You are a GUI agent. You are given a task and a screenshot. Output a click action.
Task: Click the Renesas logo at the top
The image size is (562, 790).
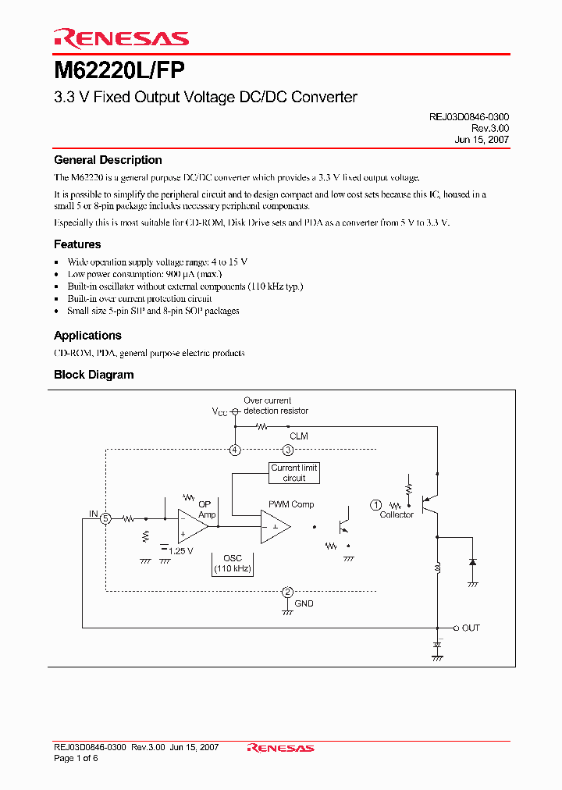tap(120, 37)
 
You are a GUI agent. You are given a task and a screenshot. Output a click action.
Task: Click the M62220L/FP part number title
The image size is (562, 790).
tap(119, 70)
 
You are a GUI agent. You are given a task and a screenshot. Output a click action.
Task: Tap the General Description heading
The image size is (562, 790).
tap(108, 160)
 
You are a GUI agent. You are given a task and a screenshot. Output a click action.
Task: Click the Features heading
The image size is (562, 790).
tap(77, 244)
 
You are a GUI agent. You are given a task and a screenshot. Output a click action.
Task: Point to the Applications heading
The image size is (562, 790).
tap(87, 336)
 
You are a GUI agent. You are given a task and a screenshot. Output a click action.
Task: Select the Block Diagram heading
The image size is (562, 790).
tap(94, 375)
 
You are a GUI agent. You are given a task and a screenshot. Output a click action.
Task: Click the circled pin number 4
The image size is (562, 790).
tap(234, 450)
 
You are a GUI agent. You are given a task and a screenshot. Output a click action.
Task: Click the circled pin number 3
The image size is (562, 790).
tap(288, 450)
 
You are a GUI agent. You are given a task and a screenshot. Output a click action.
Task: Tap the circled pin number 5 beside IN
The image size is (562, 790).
tap(107, 518)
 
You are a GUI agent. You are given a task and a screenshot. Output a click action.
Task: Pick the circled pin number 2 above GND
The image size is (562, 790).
tap(288, 592)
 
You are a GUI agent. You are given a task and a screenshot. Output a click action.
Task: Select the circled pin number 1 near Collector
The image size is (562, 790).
tap(375, 505)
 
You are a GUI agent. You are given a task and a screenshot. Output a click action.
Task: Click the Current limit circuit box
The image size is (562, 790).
tap(294, 473)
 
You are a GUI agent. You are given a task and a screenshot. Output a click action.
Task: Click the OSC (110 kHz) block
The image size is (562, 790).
tap(233, 564)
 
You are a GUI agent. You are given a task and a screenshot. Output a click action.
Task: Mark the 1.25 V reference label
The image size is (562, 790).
tap(182, 551)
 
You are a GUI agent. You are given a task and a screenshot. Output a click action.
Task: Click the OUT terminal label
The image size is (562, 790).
tap(471, 628)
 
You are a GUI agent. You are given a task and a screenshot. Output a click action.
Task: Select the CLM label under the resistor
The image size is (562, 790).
tap(298, 436)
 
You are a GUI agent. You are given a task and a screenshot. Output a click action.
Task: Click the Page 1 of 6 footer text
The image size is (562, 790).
tap(75, 759)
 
